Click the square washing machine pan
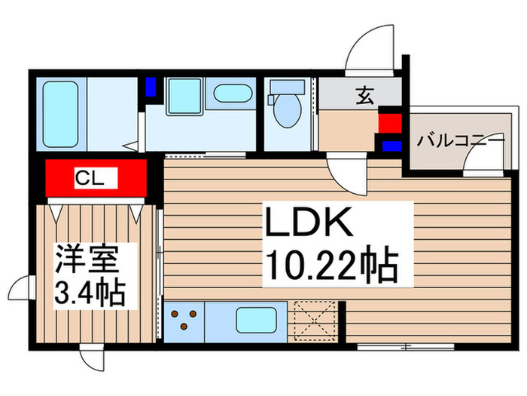[x=181, y=96]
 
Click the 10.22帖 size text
[x=330, y=265]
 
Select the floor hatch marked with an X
[x=315, y=319]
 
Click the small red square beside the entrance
[x=389, y=123]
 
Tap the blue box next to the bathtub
[x=151, y=86]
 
